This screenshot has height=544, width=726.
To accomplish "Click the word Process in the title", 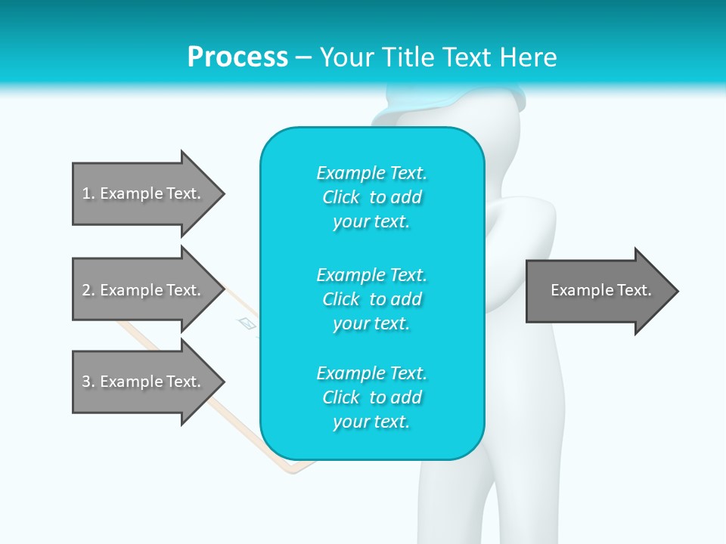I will pos(237,57).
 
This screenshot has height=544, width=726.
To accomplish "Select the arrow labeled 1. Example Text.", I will pos(144,193).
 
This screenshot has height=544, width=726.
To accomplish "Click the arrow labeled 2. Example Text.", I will pos(144,290).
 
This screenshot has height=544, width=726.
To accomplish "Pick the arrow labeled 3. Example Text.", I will pos(144,382).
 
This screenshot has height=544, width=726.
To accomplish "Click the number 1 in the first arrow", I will pos(86,193).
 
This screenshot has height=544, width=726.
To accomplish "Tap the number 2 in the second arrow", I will pos(86,290).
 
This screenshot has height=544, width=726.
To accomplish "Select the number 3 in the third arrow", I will pos(86,382).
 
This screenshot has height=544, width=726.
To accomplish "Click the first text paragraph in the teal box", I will pos(371,197).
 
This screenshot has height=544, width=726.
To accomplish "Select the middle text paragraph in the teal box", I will pos(371,298).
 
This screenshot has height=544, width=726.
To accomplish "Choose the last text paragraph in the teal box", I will pos(371,397).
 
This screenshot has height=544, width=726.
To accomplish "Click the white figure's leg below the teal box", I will pos(454,499).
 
